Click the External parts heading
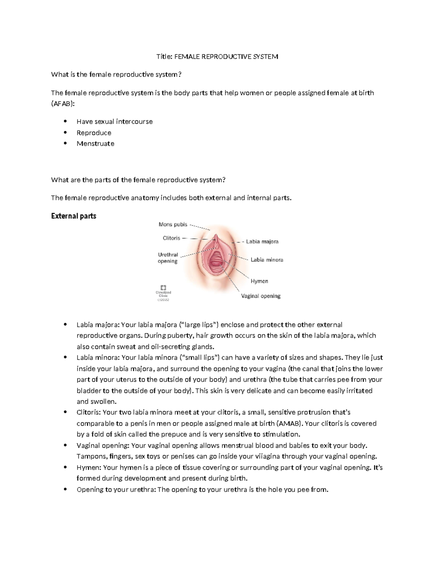click(74, 216)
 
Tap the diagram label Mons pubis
click(173, 224)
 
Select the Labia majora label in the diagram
click(262, 241)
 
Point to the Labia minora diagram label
click(267, 260)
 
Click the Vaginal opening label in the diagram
click(261, 296)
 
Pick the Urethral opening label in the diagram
click(168, 258)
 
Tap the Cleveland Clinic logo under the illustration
click(163, 292)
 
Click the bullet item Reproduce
click(94, 133)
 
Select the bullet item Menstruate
click(95, 144)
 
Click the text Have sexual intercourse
click(115, 121)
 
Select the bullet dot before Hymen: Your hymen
click(65, 467)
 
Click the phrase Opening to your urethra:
click(116, 489)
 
